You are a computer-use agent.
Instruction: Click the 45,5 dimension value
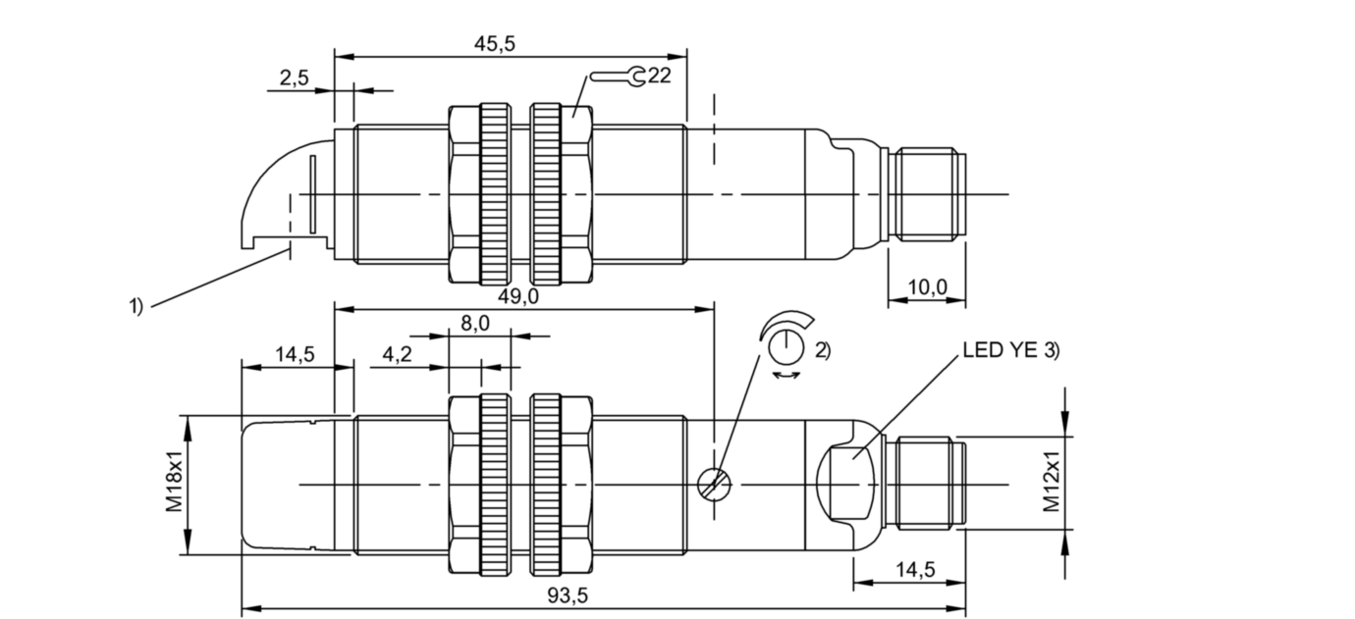[x=494, y=43]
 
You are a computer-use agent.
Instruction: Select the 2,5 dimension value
[x=294, y=77]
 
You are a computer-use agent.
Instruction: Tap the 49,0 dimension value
[x=517, y=296]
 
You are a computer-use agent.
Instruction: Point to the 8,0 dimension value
[x=475, y=324]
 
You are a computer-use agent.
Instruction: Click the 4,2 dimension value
[x=397, y=354]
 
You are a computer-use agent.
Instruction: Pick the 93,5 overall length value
[x=568, y=596]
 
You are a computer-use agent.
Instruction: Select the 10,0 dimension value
[x=927, y=287]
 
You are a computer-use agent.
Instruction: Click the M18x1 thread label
[x=174, y=482]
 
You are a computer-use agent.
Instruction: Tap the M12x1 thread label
[x=1052, y=482]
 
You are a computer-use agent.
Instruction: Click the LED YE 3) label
[x=1010, y=350]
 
